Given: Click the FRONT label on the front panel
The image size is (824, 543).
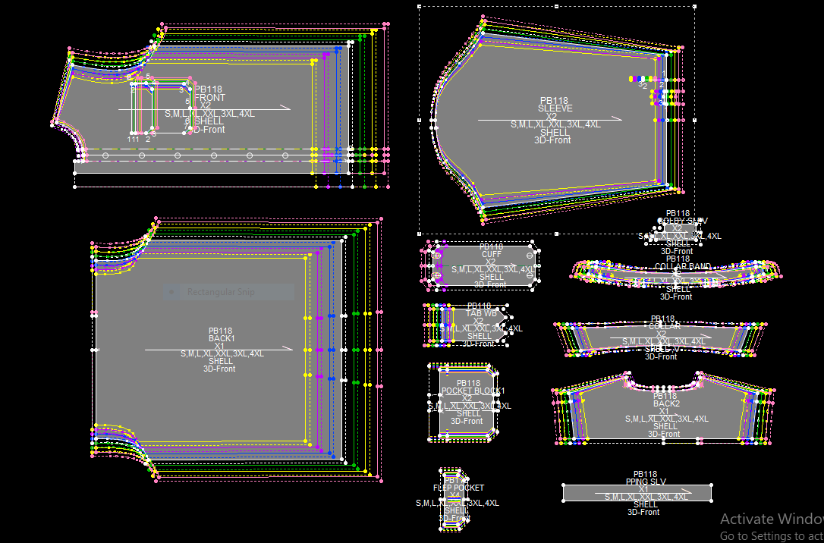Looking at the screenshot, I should (209, 98).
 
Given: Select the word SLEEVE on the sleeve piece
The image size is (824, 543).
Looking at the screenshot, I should (555, 108).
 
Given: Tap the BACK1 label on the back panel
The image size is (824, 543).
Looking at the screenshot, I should (222, 338).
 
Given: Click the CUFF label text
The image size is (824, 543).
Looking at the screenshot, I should (492, 254).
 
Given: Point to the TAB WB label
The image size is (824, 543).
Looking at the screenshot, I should (481, 313).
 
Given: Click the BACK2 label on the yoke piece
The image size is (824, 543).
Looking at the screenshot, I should (665, 403).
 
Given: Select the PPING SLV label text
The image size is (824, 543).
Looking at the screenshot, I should (646, 482).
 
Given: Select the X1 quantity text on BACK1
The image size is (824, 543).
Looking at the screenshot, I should (219, 346).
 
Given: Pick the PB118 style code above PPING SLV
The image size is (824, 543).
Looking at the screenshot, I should (645, 474).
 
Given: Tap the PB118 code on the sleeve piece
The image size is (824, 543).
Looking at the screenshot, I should (554, 101).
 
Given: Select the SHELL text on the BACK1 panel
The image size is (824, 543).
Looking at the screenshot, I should (221, 361).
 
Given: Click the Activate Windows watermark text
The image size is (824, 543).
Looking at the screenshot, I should (771, 519).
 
